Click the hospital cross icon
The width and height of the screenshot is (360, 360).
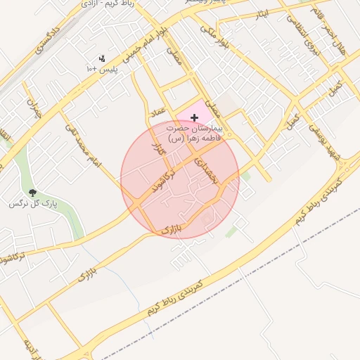coord(194,118)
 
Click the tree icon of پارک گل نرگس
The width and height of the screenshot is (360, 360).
coord(32,192)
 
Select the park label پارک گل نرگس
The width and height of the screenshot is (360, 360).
coord(32,204)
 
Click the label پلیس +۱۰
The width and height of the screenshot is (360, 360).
coord(101,69)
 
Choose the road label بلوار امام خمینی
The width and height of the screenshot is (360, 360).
coord(146,46)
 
